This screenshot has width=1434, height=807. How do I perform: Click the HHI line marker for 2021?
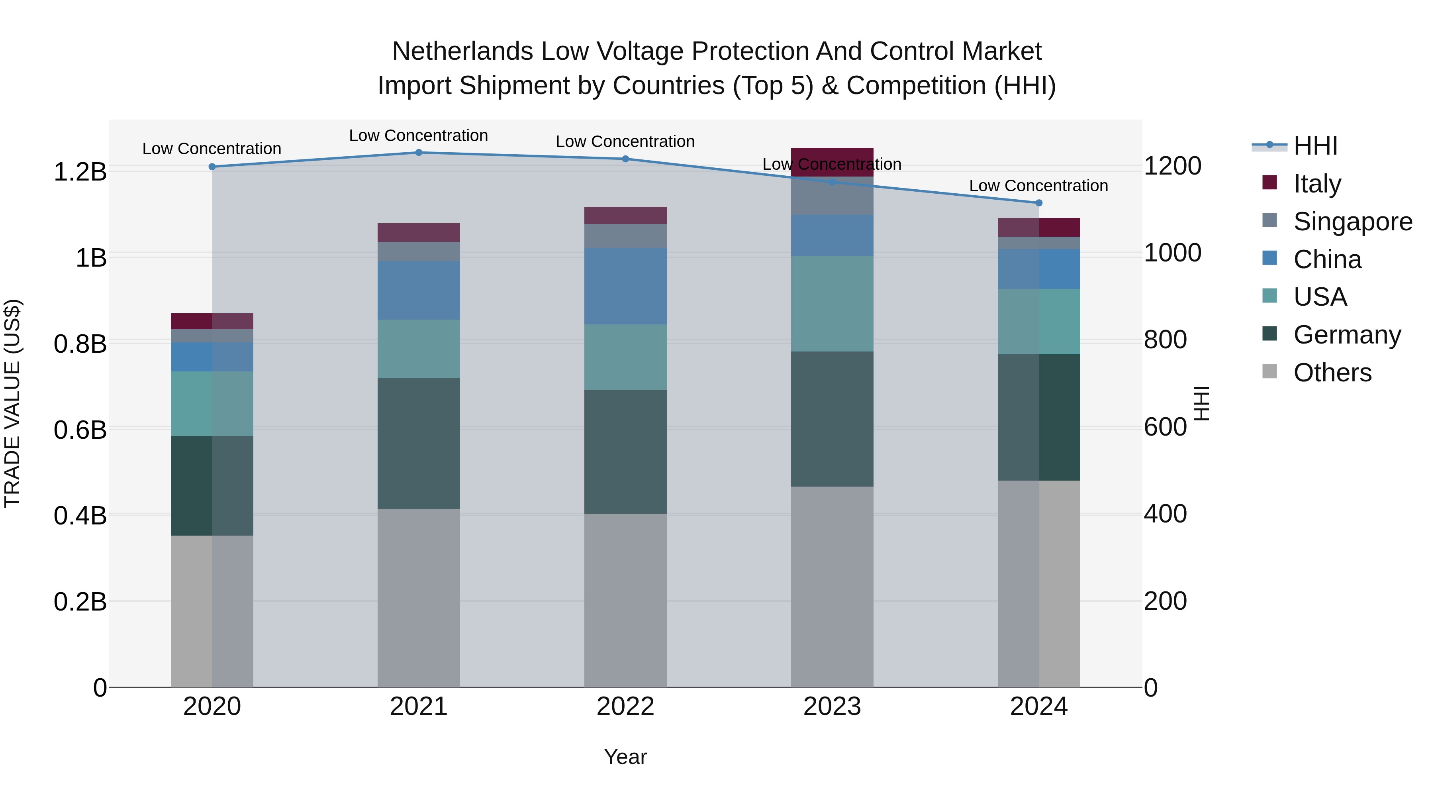click(x=419, y=153)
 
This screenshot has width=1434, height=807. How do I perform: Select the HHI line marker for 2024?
click(x=1039, y=203)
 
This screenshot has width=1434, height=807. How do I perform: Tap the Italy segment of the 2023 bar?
click(x=832, y=161)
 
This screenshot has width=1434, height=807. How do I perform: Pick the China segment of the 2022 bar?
click(x=625, y=286)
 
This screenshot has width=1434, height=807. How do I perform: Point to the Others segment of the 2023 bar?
click(x=832, y=587)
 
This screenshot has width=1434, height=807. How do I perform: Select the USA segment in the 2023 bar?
click(x=832, y=304)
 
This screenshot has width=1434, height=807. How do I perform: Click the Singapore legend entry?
click(x=1352, y=222)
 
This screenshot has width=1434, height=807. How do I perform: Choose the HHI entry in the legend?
click(x=1315, y=146)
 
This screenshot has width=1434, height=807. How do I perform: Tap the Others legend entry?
click(x=1332, y=373)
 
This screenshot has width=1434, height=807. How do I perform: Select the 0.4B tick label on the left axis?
click(x=80, y=516)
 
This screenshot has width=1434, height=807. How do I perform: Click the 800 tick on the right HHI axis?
click(x=1165, y=340)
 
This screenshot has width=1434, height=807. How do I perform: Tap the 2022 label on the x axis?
click(x=625, y=707)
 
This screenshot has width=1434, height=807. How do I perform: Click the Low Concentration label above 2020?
click(x=212, y=149)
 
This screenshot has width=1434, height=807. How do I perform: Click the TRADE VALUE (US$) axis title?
click(x=12, y=403)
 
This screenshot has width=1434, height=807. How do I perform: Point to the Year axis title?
click(x=625, y=757)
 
